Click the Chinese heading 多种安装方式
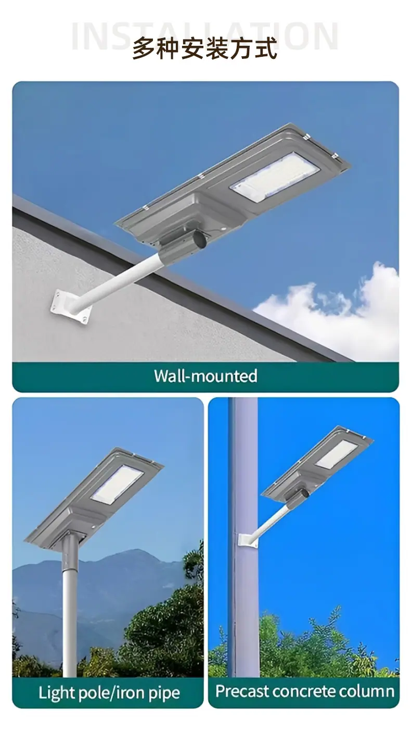(x=205, y=48)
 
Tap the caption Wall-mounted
(x=205, y=376)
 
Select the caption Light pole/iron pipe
(x=109, y=693)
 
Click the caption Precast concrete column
(x=305, y=691)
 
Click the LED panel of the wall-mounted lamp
(x=275, y=177)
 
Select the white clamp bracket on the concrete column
(x=248, y=539)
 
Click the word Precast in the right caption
(x=242, y=691)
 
